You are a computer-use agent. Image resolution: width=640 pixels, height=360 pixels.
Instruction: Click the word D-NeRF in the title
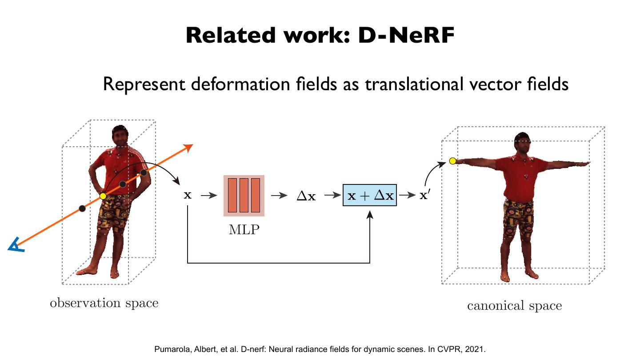tap(406, 36)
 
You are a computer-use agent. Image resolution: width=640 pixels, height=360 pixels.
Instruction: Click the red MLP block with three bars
tap(244, 196)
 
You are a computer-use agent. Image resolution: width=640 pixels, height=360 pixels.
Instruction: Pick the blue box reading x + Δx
tap(369, 196)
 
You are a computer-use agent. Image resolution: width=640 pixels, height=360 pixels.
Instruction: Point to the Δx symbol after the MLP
tap(306, 196)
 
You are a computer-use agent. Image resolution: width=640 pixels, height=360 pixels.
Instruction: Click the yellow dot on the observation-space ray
tap(103, 196)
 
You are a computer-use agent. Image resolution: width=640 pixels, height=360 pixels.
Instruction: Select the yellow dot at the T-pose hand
tap(452, 161)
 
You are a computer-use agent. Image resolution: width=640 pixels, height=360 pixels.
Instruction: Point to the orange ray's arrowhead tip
tap(192, 145)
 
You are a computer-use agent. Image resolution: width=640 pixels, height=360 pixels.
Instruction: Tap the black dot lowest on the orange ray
tap(82, 208)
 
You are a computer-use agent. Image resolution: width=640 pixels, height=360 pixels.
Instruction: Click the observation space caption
tap(104, 303)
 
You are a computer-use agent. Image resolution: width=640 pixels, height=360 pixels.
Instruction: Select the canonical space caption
tap(514, 306)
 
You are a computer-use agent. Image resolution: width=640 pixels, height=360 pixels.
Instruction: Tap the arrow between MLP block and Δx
tap(279, 196)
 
